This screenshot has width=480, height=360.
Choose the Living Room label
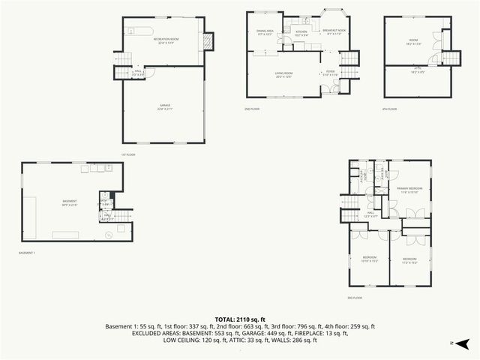tap(282, 73)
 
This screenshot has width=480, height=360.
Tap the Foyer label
tap(330, 73)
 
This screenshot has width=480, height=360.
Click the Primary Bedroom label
tap(410, 189)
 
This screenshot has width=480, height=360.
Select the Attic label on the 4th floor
tap(418, 72)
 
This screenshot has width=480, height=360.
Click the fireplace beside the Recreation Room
tap(208, 39)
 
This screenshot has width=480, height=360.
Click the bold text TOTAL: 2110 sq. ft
tap(239, 319)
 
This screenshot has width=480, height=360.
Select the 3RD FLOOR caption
tap(355, 298)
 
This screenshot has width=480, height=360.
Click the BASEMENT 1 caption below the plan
tap(28, 253)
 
